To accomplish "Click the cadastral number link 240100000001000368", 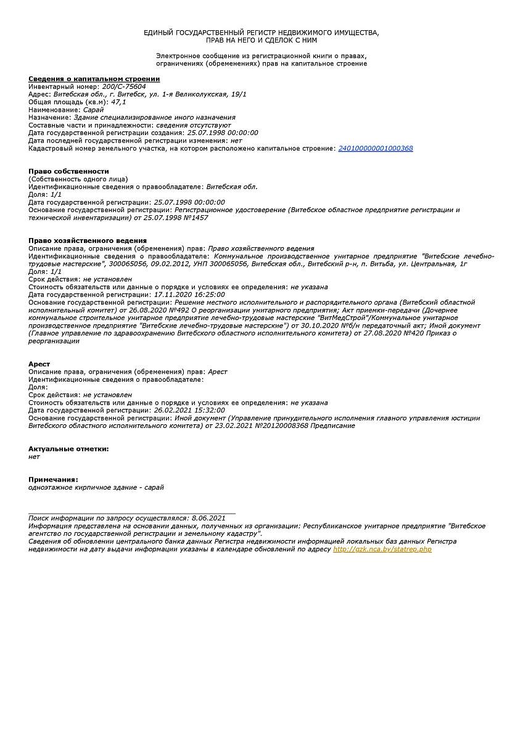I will [x=376, y=148].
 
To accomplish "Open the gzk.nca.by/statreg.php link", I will [x=382, y=549].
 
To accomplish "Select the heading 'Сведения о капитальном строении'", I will [x=94, y=79].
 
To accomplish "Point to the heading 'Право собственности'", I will [x=68, y=171].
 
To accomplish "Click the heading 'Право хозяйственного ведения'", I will [x=88, y=240].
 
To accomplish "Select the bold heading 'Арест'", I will [x=39, y=364].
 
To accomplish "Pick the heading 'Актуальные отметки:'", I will [x=68, y=448].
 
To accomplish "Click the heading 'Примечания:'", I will [x=53, y=479].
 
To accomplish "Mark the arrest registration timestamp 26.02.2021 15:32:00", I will [x=189, y=410].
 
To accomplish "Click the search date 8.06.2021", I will [x=209, y=518].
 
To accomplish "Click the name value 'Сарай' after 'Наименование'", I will [x=94, y=109].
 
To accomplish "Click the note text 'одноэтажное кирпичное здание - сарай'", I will [x=96, y=487].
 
